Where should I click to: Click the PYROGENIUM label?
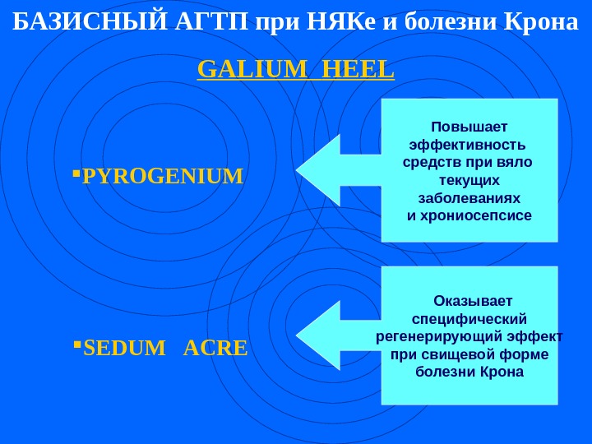point(164,176)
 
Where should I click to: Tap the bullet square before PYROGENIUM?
point(75,173)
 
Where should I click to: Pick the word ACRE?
point(215,349)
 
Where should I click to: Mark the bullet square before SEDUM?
point(75,345)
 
